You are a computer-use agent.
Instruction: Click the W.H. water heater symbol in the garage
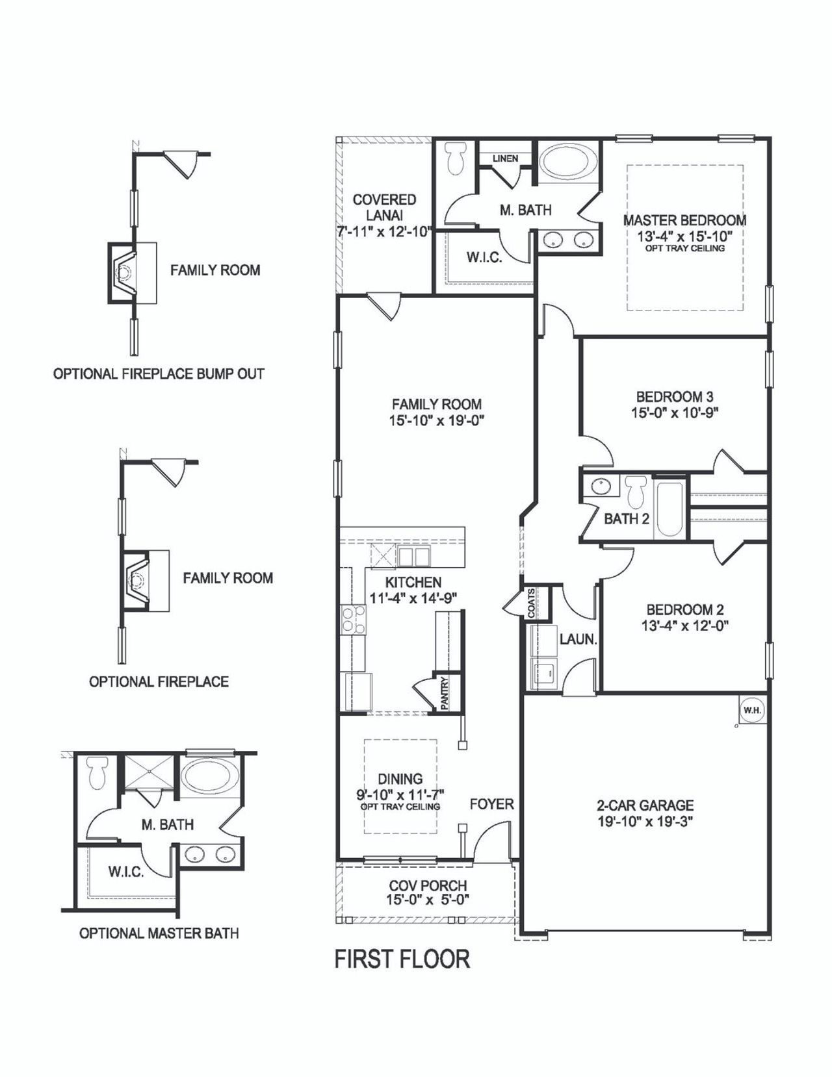752,710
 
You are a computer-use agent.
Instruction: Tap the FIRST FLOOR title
402,959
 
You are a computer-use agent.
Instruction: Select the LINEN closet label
505,158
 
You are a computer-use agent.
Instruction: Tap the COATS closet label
532,603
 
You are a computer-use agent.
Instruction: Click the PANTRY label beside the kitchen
445,693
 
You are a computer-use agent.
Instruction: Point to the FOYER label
491,804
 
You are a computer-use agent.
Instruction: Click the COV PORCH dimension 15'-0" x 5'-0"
428,900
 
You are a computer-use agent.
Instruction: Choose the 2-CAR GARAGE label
645,805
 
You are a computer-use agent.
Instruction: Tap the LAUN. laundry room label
578,639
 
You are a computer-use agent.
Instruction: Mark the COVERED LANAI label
384,207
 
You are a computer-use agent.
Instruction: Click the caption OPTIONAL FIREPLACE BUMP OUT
159,374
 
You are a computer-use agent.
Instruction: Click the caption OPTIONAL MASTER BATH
159,933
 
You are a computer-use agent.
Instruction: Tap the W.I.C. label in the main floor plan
484,258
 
